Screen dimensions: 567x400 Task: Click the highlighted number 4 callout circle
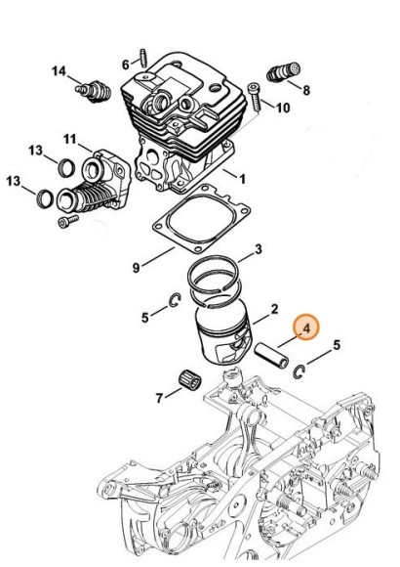coord(306,329)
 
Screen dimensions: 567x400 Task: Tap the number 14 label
coord(60,70)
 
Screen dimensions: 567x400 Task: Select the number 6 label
coord(126,65)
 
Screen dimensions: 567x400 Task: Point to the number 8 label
coord(306,90)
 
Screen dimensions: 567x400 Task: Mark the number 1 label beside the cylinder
coord(243,179)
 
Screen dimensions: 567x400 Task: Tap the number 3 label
coord(258,251)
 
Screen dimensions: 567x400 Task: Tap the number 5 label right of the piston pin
coord(336,345)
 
